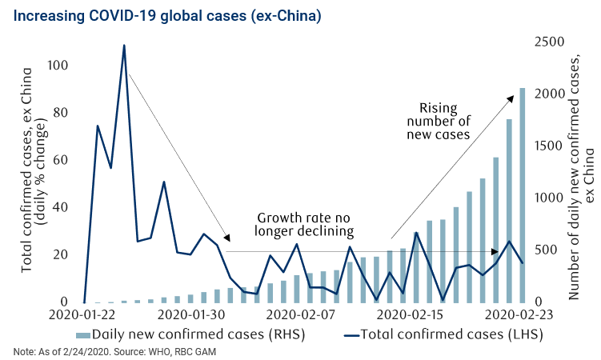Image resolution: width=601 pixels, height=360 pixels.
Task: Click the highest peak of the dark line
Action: (124, 46)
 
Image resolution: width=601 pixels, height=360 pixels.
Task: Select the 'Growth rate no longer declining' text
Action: (303, 225)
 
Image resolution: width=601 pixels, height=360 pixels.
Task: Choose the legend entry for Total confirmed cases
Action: (449, 333)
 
